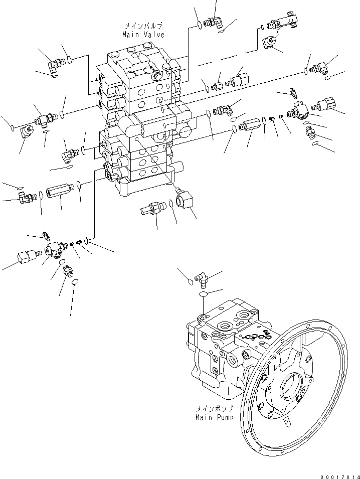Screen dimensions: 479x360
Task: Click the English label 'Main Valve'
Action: click(143, 35)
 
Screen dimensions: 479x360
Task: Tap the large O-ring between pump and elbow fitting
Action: click(203, 294)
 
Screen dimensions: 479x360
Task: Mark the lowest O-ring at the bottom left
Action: click(75, 283)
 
